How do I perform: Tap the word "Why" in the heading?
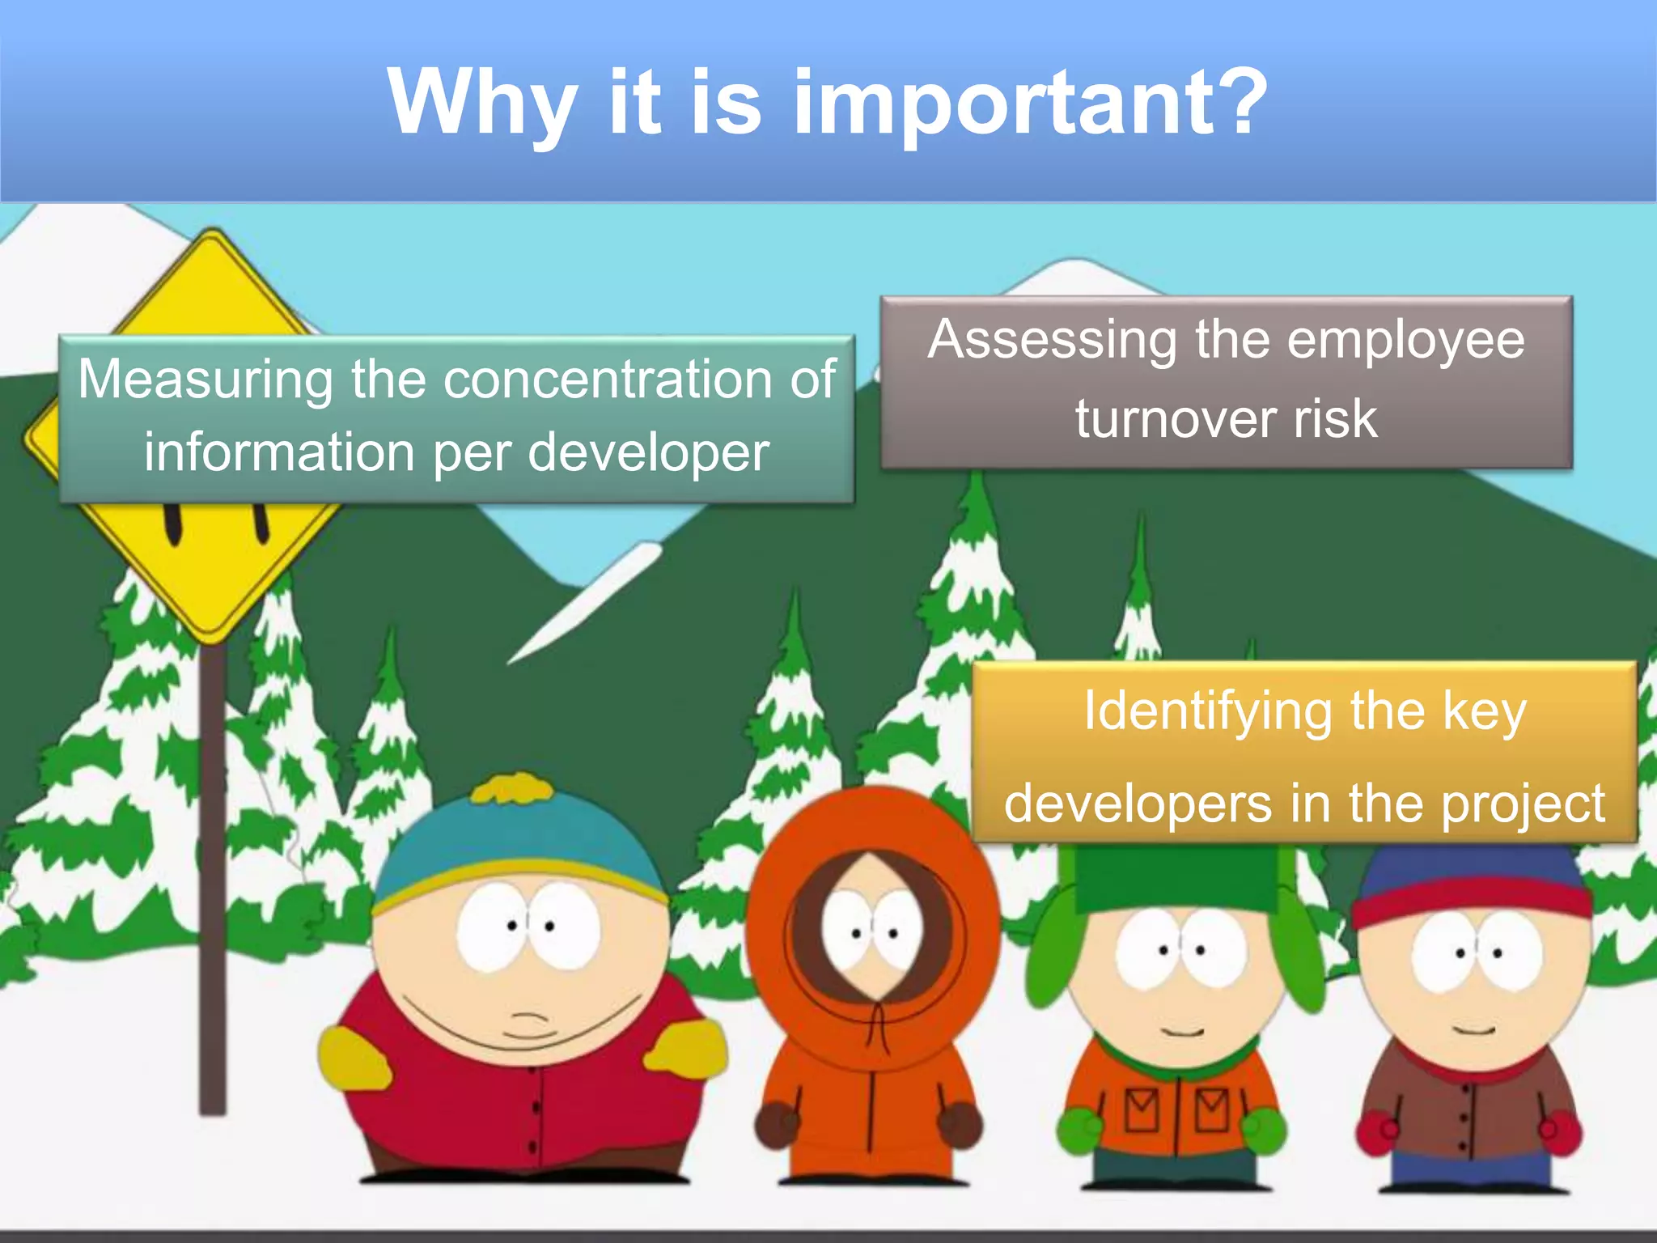[x=481, y=104]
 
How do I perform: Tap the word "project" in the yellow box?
[x=1523, y=804]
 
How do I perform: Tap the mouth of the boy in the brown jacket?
[x=1474, y=1030]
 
